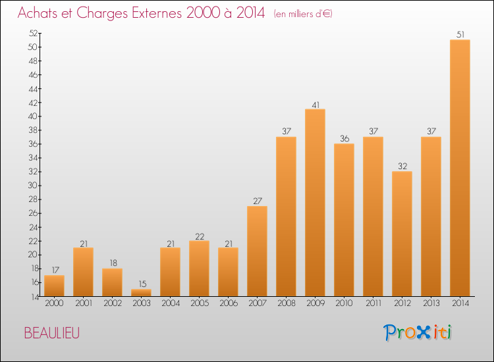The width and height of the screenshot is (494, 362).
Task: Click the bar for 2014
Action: point(460,168)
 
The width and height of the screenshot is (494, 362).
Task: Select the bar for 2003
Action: point(141,292)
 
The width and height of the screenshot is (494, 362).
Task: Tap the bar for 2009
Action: point(315,203)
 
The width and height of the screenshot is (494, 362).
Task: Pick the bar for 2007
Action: point(257,251)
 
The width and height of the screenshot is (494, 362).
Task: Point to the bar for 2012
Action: point(402,234)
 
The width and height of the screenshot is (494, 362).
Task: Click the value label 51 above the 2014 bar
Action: point(460,35)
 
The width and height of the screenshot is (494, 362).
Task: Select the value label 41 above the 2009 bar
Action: point(316,105)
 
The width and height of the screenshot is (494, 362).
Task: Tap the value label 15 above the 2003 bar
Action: point(142,284)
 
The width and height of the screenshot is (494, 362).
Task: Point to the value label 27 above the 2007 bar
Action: point(258,201)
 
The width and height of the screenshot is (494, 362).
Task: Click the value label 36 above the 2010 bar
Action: point(344,138)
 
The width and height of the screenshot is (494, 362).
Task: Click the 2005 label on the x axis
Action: point(200,303)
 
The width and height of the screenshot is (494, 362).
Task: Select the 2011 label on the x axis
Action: point(373,303)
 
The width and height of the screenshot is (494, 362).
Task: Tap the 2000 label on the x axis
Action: point(54,303)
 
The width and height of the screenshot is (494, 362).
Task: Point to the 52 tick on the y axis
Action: point(33,33)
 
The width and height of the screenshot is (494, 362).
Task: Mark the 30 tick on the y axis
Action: point(33,185)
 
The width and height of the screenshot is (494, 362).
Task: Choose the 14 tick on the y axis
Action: point(34,297)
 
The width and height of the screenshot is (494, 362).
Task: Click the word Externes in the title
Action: point(156,13)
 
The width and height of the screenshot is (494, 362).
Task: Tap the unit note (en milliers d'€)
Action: point(303,14)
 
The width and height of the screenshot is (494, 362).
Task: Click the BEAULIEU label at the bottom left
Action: point(51,333)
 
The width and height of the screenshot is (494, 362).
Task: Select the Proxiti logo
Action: point(417,332)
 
